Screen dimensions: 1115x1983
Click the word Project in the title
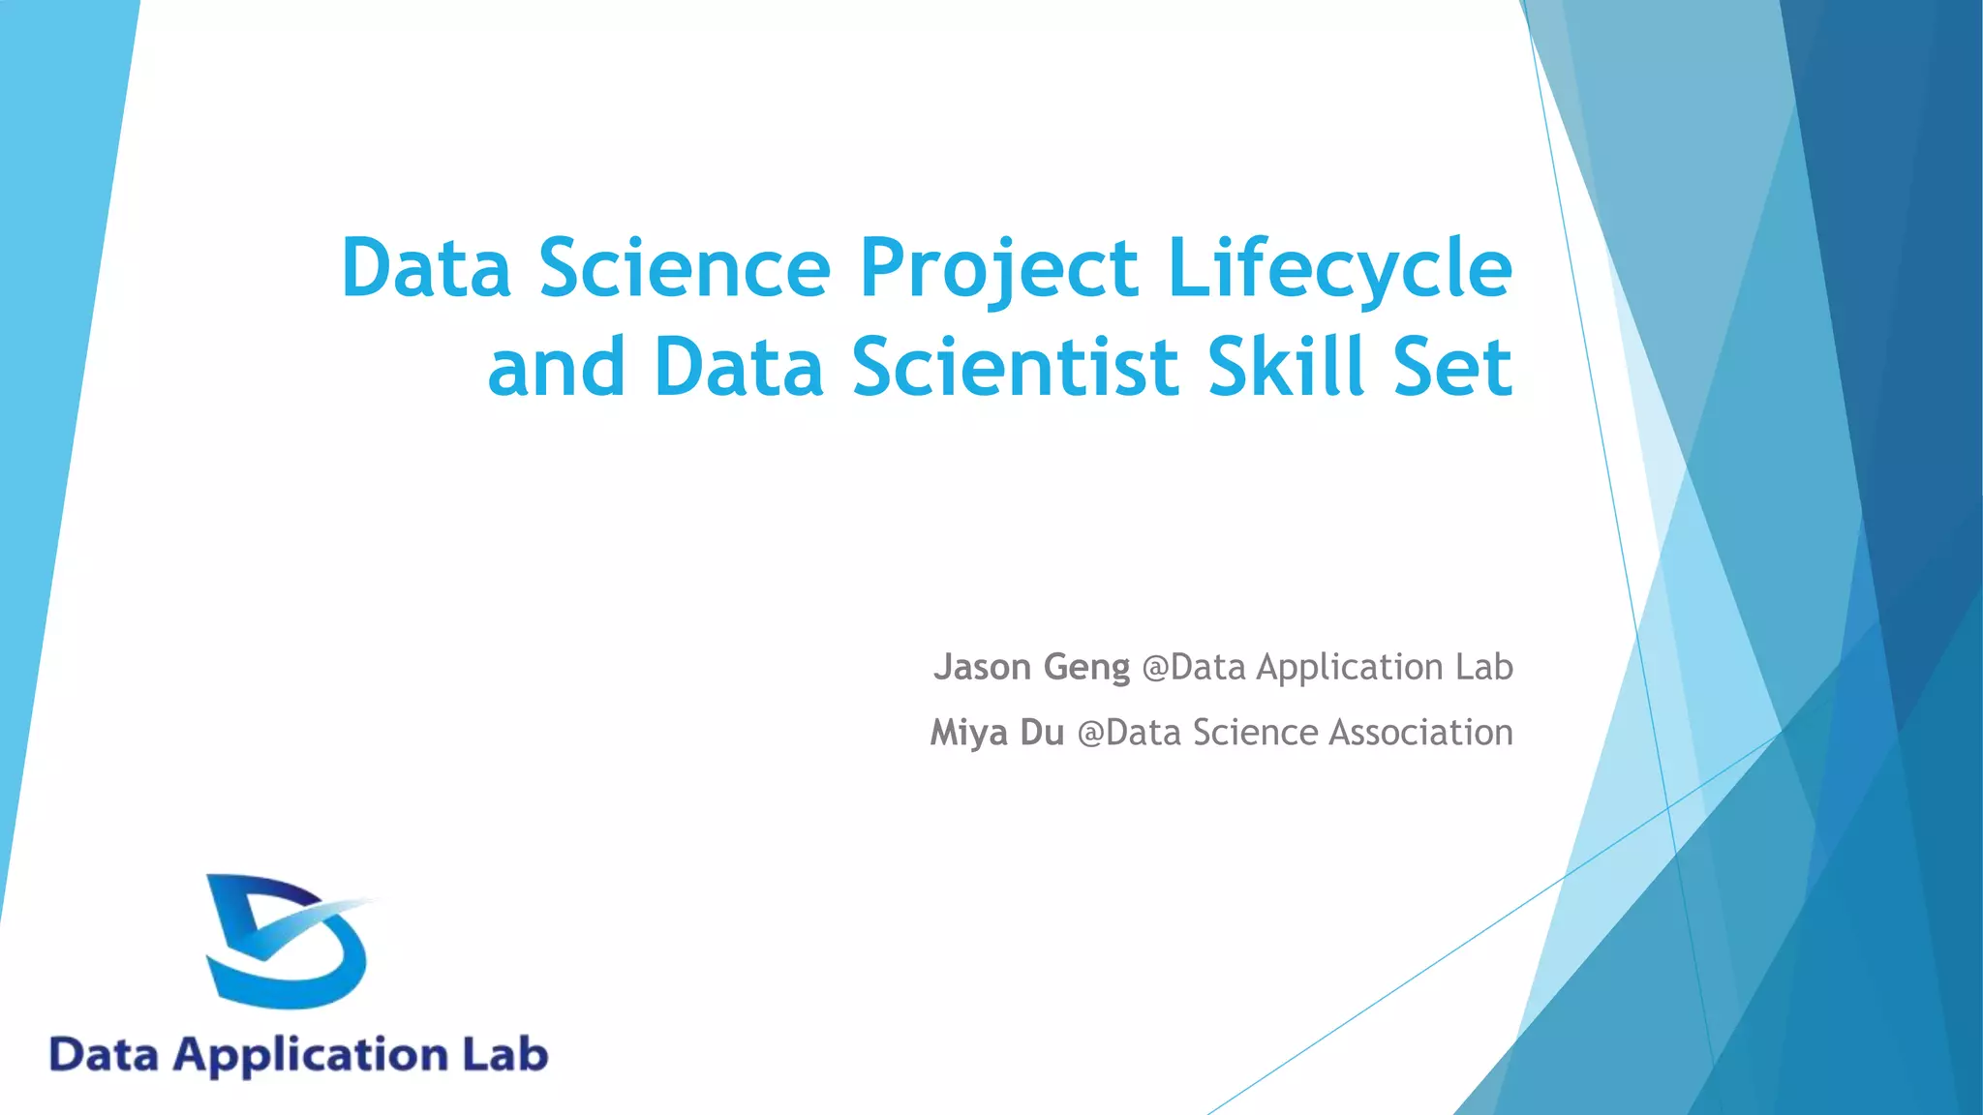pos(998,268)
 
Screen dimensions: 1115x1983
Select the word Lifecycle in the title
pos(1339,268)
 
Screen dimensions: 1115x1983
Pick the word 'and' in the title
pos(556,368)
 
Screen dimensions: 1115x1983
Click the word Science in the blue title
pos(685,268)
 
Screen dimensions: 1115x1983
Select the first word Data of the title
pos(426,268)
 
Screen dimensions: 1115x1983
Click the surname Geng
pos(1086,668)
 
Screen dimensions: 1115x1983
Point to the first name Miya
pos(968,733)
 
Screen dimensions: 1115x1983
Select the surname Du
pos(1042,733)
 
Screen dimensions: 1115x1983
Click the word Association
pos(1420,733)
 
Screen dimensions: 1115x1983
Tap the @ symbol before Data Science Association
pos(1090,734)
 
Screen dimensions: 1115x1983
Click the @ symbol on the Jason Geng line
pos(1155,668)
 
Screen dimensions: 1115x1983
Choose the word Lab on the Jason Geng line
pos(1483,667)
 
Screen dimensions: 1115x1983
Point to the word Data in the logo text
pos(104,1054)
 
